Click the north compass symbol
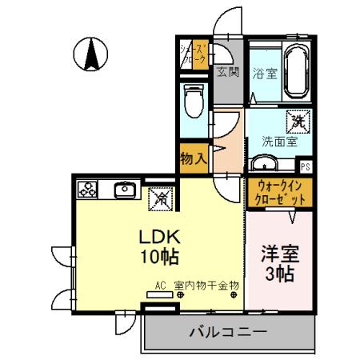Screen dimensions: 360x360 click(92, 54)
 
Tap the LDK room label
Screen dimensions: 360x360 click(160, 247)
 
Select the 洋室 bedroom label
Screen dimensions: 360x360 click(279, 263)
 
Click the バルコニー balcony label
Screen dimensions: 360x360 click(228, 330)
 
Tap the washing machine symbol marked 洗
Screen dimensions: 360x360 click(298, 122)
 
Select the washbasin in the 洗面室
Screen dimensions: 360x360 click(264, 164)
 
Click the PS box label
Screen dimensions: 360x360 click(305, 166)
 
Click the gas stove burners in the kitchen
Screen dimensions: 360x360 click(86, 190)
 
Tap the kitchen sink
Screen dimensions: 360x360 click(124, 190)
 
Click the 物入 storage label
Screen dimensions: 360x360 click(194, 157)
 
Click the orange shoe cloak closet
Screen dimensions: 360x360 click(194, 54)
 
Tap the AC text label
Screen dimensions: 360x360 click(160, 284)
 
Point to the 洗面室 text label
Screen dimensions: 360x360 click(280, 142)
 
